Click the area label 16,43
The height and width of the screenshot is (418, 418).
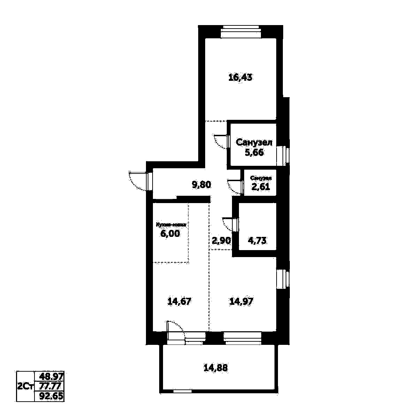[240, 77]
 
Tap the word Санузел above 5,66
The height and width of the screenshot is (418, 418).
[254, 142]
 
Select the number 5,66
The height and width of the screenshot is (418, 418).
[254, 153]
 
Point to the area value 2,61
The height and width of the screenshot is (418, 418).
[261, 187]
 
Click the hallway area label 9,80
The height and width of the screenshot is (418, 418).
[202, 185]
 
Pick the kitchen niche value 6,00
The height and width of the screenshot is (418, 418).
[170, 234]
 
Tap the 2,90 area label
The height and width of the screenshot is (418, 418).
[221, 241]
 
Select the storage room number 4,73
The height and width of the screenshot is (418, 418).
[257, 240]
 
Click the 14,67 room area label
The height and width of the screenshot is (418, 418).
[179, 301]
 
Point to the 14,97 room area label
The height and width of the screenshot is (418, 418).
[241, 301]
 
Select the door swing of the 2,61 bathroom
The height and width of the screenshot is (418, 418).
[234, 186]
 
